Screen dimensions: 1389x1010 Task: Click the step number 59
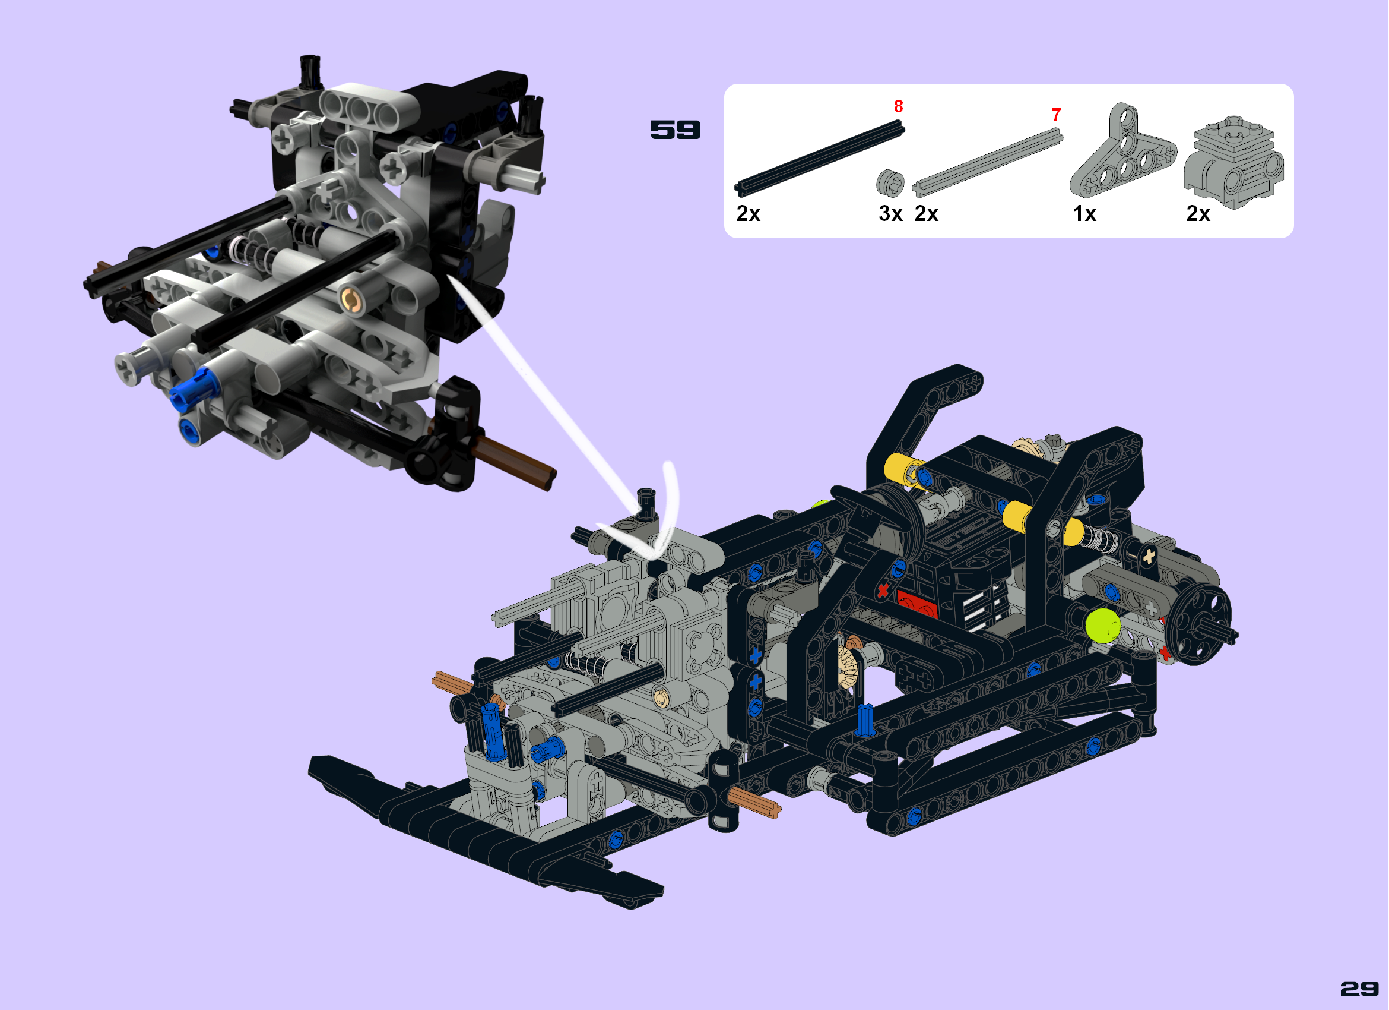click(675, 130)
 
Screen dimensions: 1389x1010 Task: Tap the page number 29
click(1359, 989)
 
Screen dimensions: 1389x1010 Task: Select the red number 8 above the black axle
click(899, 106)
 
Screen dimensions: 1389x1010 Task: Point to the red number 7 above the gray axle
click(1057, 114)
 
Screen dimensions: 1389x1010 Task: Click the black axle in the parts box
click(819, 158)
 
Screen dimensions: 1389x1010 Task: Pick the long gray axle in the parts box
click(987, 162)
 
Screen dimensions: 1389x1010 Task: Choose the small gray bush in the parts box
click(890, 183)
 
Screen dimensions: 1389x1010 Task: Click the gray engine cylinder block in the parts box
click(1233, 162)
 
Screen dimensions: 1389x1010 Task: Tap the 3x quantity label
click(890, 213)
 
